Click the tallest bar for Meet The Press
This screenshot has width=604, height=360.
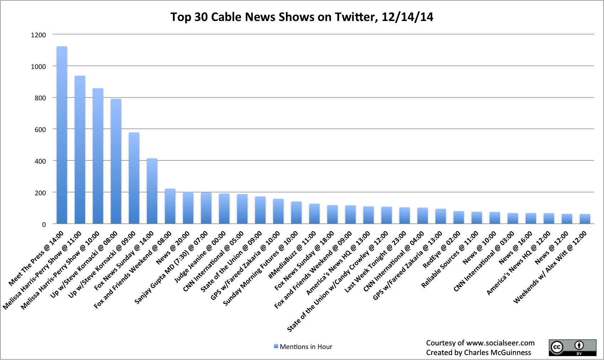[62, 135]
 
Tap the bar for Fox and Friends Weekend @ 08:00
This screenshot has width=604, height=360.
[170, 206]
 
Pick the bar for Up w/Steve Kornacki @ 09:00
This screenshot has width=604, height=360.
[134, 178]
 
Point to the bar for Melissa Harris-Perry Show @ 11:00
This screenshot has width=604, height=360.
[80, 150]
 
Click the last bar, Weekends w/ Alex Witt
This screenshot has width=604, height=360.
[585, 219]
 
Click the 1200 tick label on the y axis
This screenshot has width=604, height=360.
[38, 35]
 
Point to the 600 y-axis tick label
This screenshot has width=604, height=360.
[40, 129]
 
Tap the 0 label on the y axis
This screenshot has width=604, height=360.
[44, 224]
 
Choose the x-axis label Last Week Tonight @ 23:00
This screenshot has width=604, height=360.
[375, 262]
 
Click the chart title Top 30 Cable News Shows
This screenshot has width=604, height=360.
[302, 17]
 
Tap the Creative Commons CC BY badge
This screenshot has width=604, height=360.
[572, 347]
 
